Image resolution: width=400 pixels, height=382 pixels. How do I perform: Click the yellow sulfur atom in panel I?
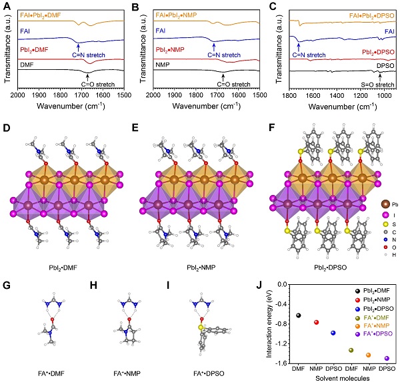pos(200,309)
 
